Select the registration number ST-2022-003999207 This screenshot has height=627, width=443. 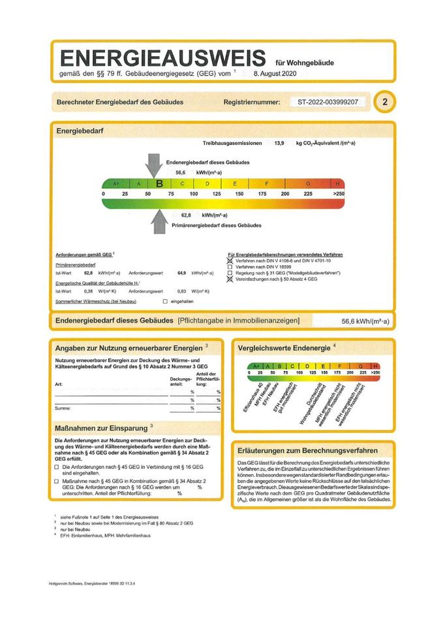click(327, 103)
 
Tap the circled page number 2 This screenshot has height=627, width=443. click(385, 103)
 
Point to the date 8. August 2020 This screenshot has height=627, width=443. click(274, 75)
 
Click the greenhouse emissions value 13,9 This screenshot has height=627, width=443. click(279, 143)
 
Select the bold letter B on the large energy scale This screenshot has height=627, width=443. click(159, 184)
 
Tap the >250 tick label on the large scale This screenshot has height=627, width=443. click(338, 195)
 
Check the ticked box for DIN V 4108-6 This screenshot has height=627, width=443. click(230, 261)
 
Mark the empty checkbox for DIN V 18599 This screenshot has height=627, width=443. click(230, 266)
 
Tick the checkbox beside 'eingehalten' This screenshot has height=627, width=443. click(164, 302)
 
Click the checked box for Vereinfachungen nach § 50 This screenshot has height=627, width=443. click(230, 279)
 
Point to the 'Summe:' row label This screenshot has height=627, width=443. click(63, 408)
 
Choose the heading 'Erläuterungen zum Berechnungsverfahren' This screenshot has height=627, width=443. click(307, 451)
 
